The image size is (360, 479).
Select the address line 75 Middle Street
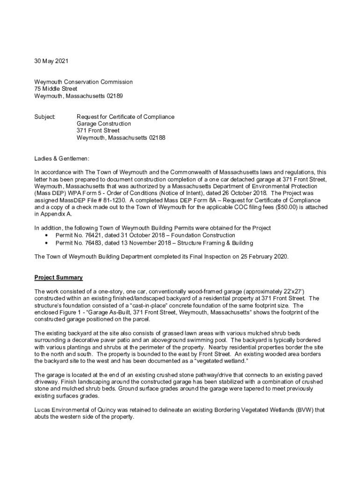(x=56, y=89)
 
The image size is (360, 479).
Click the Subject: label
(x=45, y=116)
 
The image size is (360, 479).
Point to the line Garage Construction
(x=104, y=124)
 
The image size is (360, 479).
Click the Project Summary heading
(x=58, y=278)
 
